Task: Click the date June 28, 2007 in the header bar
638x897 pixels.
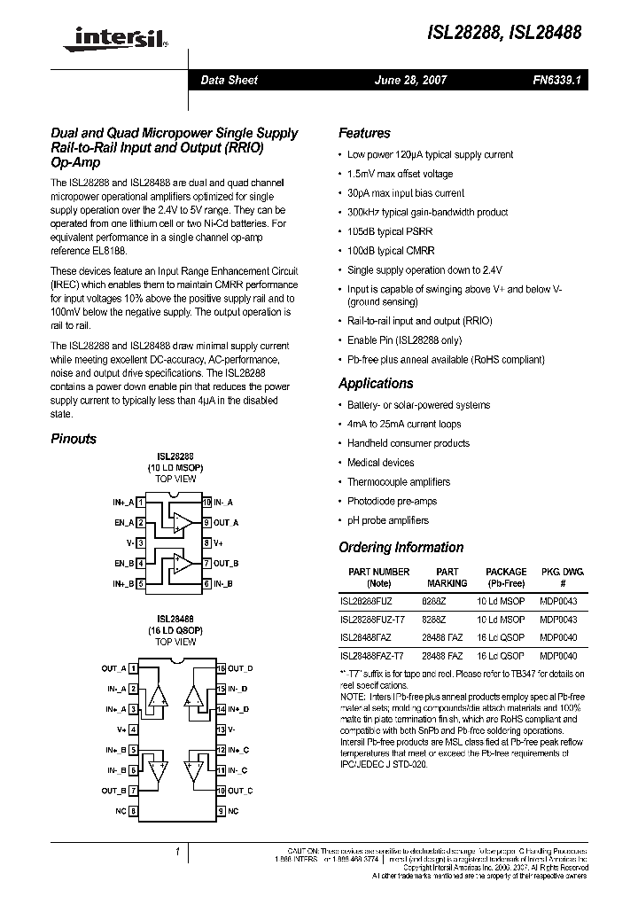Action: (x=411, y=80)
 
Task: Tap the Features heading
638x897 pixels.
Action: (x=364, y=133)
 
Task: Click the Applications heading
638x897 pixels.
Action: (x=376, y=384)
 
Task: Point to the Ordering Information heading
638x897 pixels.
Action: (x=401, y=548)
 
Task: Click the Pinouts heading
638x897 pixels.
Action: (x=74, y=439)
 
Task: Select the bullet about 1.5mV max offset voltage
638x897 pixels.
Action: (x=400, y=174)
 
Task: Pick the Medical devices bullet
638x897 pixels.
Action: (x=380, y=463)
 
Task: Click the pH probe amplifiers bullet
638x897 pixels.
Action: (x=387, y=520)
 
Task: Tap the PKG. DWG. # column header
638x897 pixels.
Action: (x=563, y=578)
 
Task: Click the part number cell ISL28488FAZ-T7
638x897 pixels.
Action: (x=371, y=656)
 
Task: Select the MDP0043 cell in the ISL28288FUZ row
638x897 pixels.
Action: (x=557, y=600)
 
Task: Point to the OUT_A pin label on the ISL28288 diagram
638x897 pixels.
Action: (x=226, y=522)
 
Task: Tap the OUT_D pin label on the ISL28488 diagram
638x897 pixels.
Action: (x=240, y=668)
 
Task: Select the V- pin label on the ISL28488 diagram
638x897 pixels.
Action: (x=233, y=729)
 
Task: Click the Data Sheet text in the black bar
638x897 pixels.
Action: (x=229, y=80)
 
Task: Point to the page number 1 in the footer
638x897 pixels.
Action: (x=177, y=852)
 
